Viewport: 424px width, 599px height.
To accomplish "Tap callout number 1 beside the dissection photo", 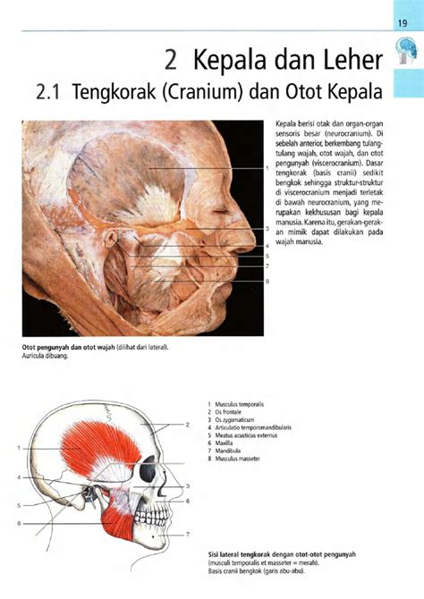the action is tap(267, 168).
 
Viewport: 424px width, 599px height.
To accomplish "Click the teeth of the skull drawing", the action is tap(154, 516).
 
